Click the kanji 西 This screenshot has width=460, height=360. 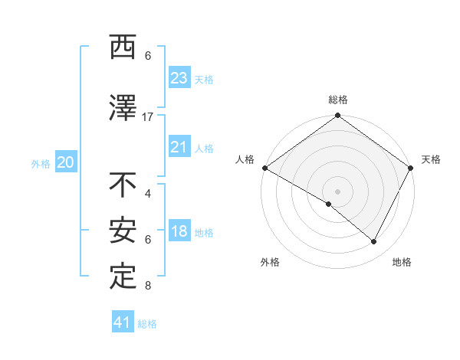(123, 48)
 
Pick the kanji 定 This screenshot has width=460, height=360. (123, 276)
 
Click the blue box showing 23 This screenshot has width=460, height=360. (179, 78)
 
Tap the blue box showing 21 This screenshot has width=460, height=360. (179, 147)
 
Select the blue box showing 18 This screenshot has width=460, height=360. (179, 231)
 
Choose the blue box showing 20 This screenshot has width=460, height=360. (65, 162)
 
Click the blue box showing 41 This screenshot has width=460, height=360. (123, 322)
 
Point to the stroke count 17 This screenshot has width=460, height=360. (148, 117)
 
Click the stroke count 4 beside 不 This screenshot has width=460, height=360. (148, 194)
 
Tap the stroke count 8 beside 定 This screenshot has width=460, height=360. (148, 286)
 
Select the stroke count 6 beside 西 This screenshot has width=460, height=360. (148, 56)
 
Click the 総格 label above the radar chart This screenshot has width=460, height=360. (337, 100)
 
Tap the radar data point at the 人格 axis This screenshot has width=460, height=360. (264, 168)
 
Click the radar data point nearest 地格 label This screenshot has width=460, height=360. (374, 242)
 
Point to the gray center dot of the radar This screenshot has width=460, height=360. (337, 191)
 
